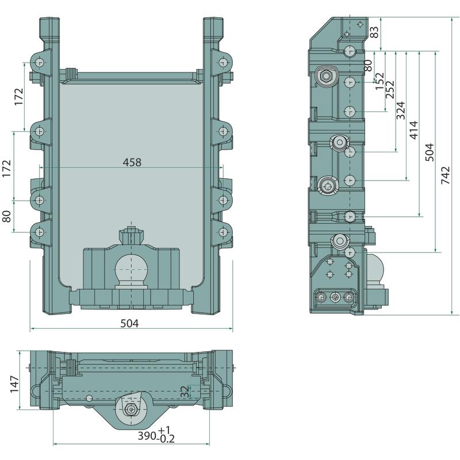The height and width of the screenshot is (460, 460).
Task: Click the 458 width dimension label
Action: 132,162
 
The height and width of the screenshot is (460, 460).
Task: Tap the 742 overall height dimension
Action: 445,175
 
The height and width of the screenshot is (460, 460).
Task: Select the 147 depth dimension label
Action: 14,384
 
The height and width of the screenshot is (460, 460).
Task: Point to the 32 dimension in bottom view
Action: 185,392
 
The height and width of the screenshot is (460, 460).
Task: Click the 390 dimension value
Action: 147,436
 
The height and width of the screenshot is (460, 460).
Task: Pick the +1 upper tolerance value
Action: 164,430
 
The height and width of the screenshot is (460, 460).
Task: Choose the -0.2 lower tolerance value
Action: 166,439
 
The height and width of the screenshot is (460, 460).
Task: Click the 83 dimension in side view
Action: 374,32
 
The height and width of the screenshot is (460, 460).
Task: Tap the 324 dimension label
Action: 400,110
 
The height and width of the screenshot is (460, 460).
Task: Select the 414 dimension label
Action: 413,130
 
